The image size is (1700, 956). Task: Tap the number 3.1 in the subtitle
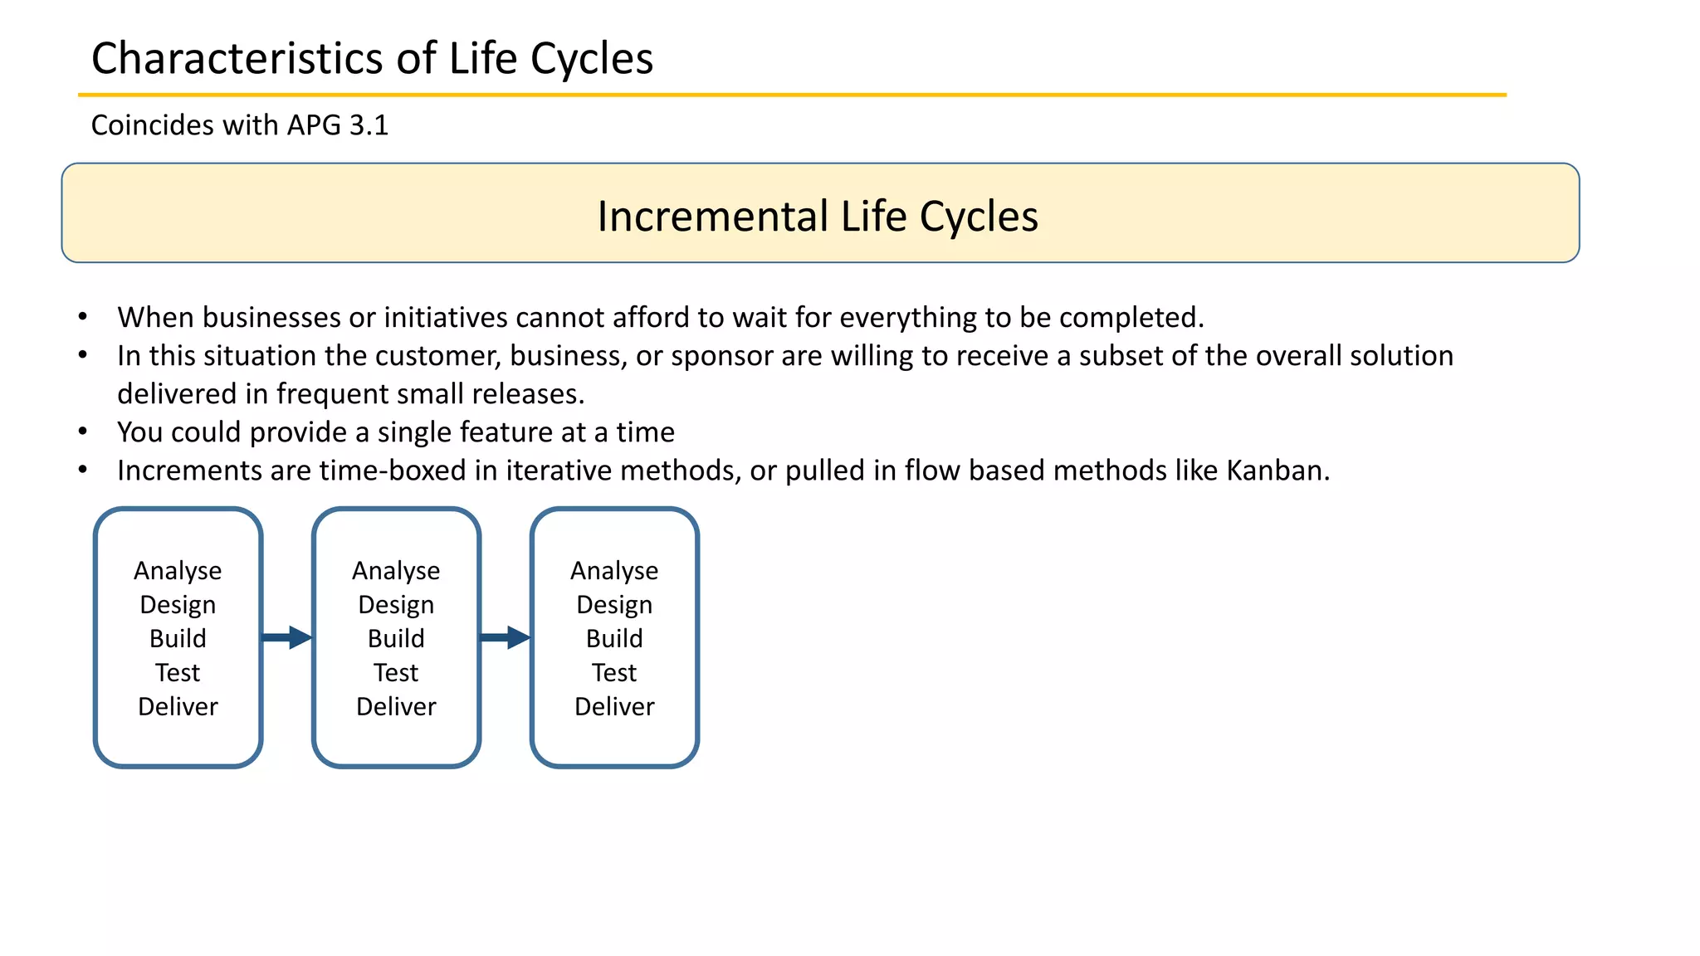(369, 125)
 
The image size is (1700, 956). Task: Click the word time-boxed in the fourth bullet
(393, 471)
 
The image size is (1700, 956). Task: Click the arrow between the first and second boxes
(287, 637)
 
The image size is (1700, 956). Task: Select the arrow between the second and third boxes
(506, 637)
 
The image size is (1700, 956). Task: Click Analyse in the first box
(178, 571)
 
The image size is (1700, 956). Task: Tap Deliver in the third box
(614, 707)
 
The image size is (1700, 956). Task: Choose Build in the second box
(396, 639)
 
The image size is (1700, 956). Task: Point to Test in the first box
(178, 673)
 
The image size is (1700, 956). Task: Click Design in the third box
(614, 605)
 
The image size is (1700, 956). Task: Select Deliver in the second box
(396, 707)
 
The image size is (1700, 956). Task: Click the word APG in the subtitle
(314, 125)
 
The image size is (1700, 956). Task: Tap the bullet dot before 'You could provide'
(83, 432)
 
